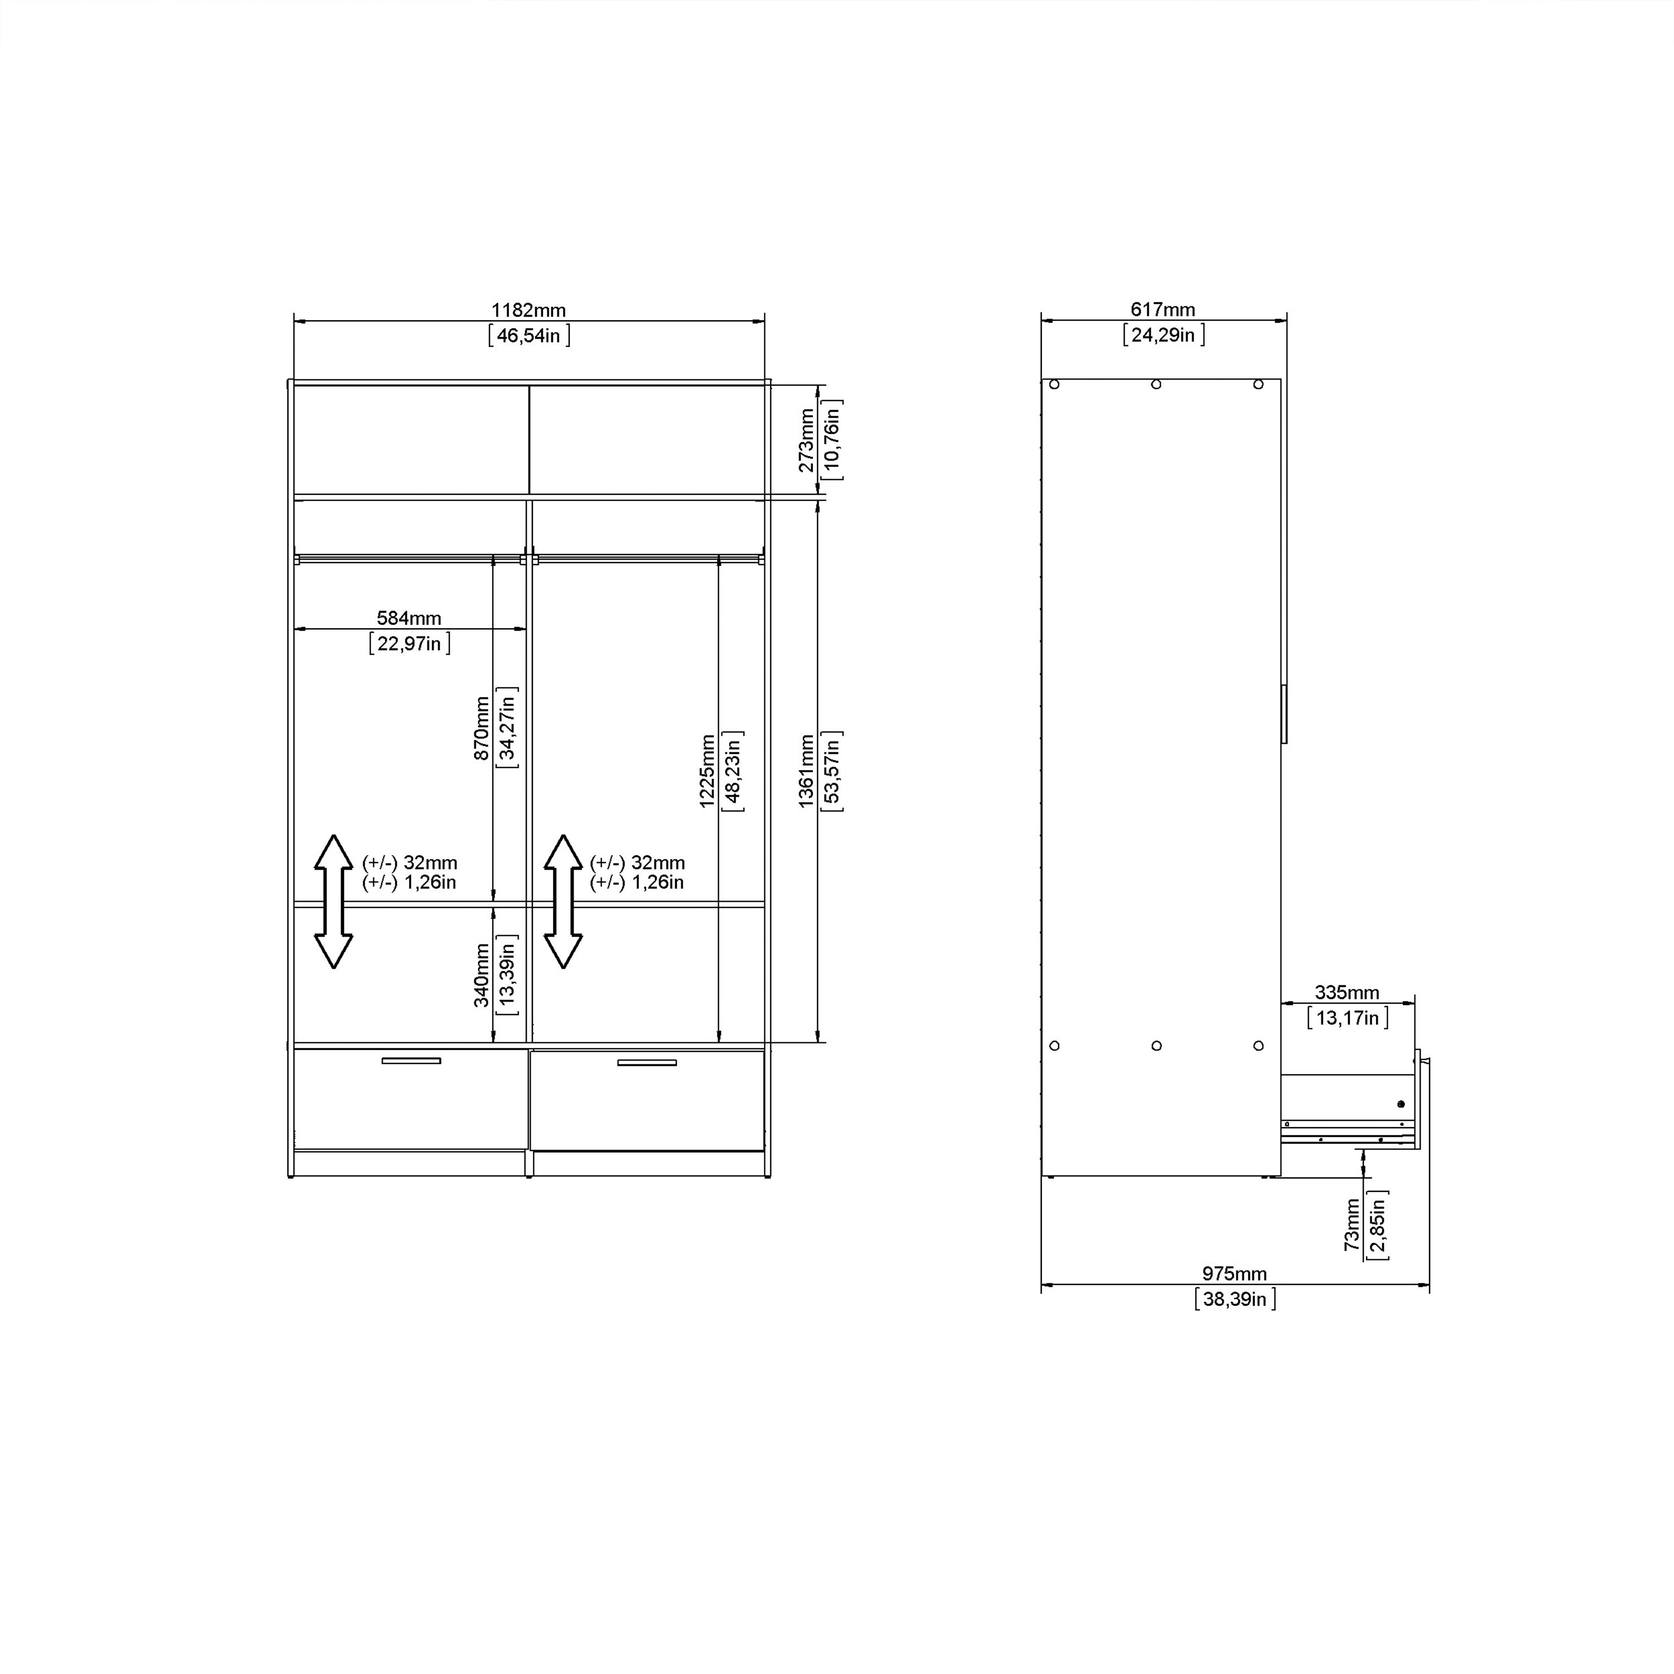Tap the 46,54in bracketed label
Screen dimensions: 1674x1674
(528, 335)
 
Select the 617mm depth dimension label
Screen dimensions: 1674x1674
(1163, 309)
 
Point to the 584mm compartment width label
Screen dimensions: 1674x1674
(409, 618)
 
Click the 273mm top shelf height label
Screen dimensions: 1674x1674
(806, 441)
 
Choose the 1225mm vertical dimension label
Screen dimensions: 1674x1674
(707, 771)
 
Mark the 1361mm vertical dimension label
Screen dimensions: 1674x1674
(806, 771)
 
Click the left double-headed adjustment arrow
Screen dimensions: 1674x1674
(334, 901)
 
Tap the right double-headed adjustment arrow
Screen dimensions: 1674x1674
(563, 901)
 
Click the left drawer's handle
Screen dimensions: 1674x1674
(412, 1061)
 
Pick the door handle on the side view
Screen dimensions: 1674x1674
(1284, 714)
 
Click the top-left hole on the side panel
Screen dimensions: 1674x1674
(1055, 384)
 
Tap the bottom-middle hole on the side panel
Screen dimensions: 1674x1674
(1157, 1046)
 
